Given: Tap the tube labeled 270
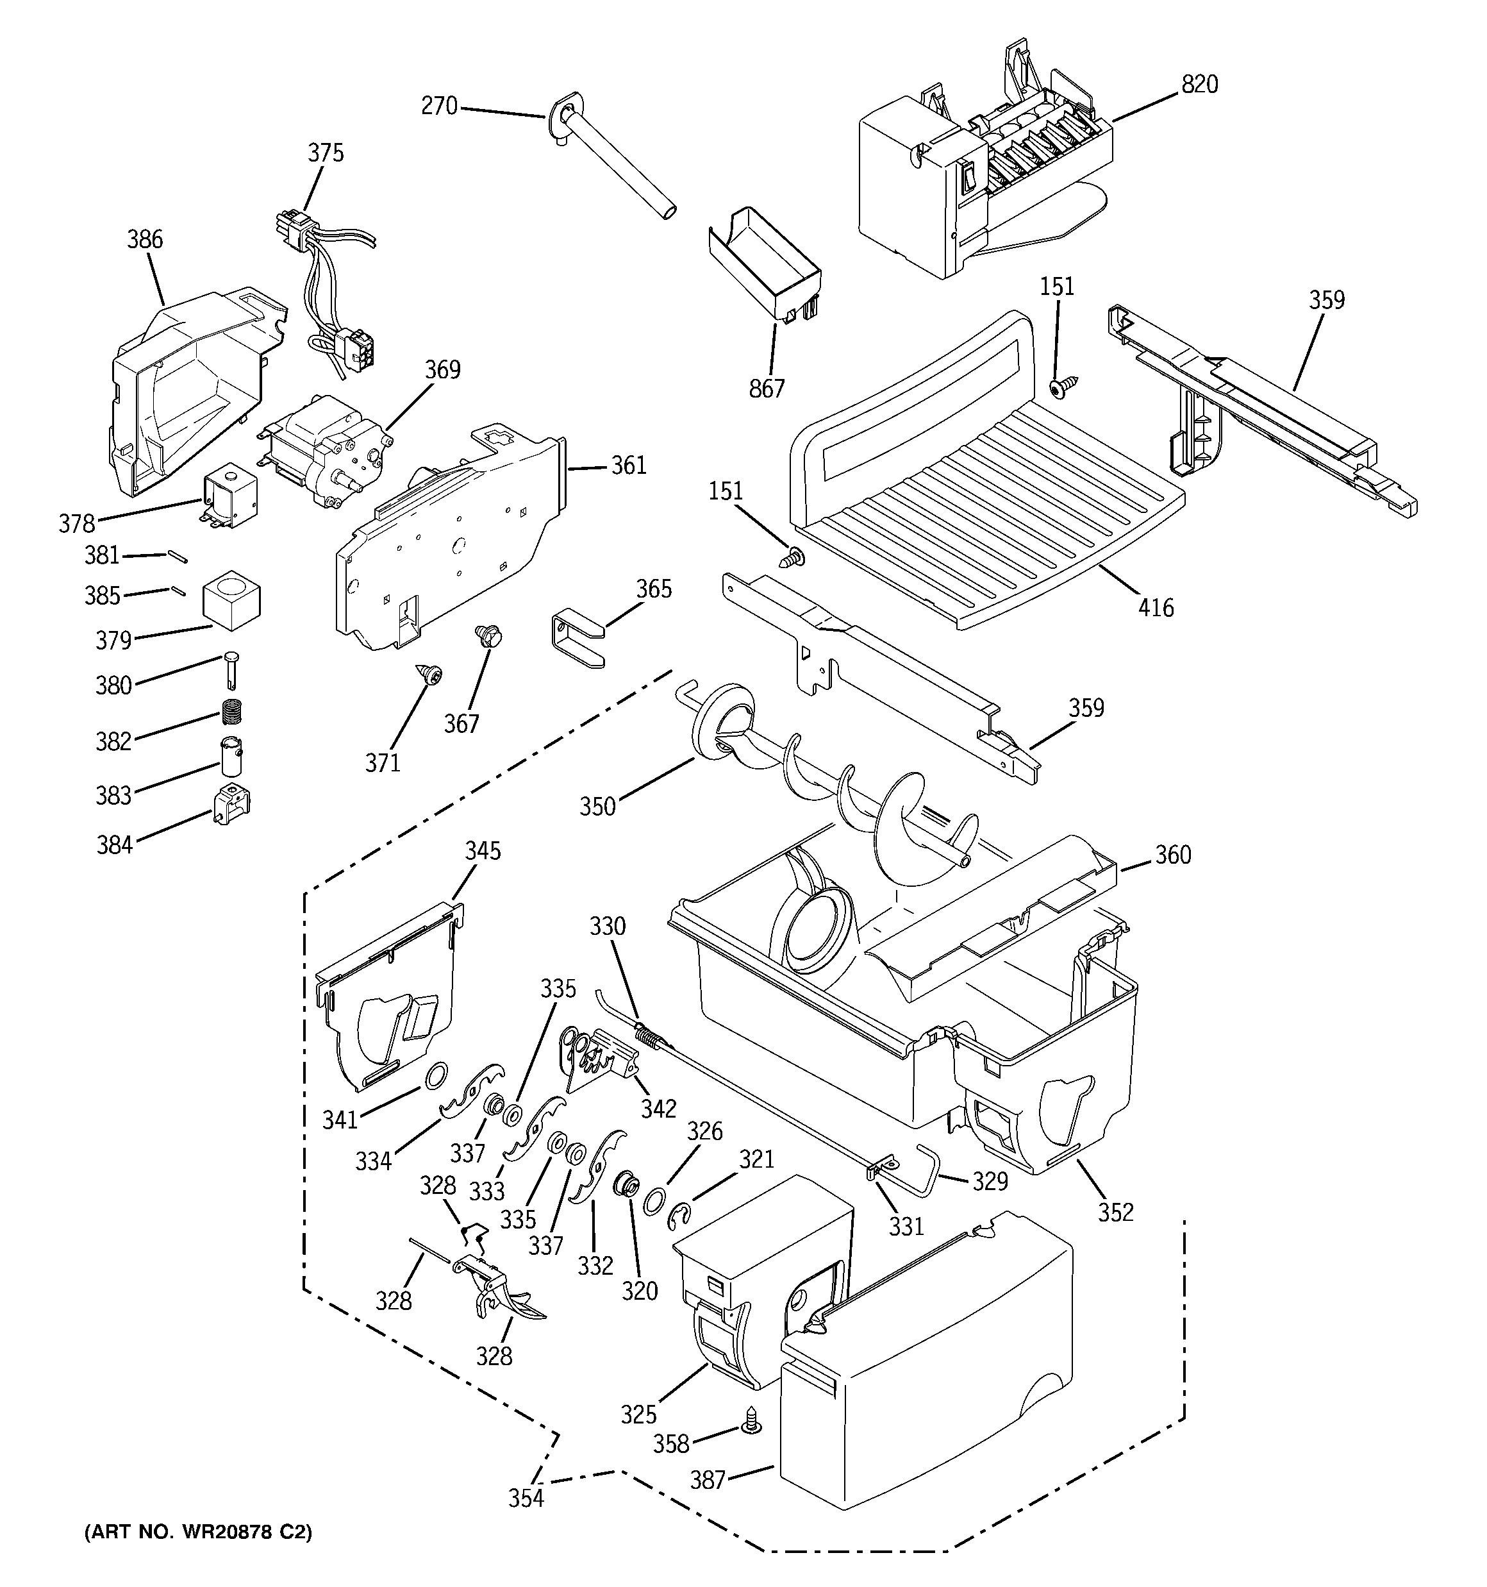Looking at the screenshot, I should pos(615,160).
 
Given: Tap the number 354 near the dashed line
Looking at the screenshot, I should pos(527,1499).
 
